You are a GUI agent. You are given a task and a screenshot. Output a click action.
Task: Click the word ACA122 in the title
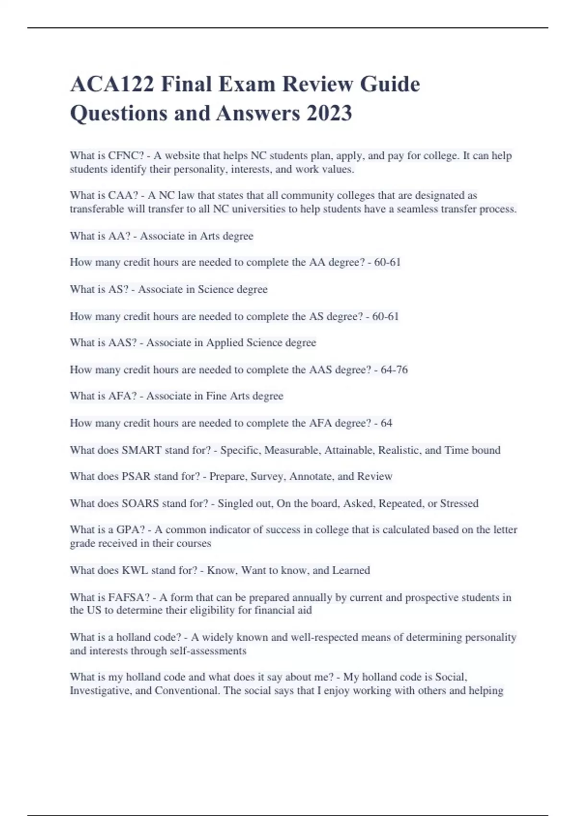[x=112, y=84]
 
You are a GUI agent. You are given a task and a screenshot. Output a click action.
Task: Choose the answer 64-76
[x=394, y=370]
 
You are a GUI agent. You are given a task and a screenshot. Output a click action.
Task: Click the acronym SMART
[x=142, y=450]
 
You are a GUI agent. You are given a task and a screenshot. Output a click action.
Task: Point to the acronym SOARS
[x=140, y=504]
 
